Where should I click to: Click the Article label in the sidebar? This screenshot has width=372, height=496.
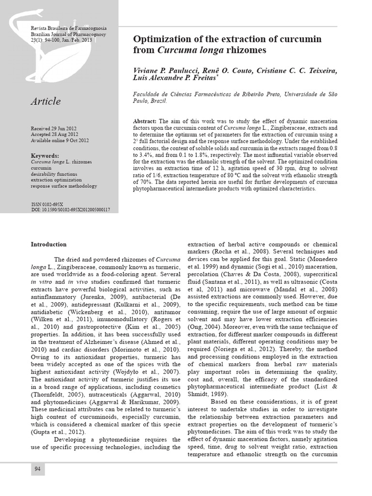(x=46, y=101)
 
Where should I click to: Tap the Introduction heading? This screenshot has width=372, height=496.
(x=49, y=244)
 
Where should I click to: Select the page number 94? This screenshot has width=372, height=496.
(x=38, y=469)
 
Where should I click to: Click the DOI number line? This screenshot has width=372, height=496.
(x=70, y=210)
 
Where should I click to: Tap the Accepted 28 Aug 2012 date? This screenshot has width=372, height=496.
(x=54, y=134)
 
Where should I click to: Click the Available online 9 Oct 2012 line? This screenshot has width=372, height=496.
(x=60, y=140)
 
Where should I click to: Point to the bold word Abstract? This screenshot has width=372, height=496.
(x=144, y=121)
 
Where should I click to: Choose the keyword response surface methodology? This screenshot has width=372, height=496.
(x=64, y=186)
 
